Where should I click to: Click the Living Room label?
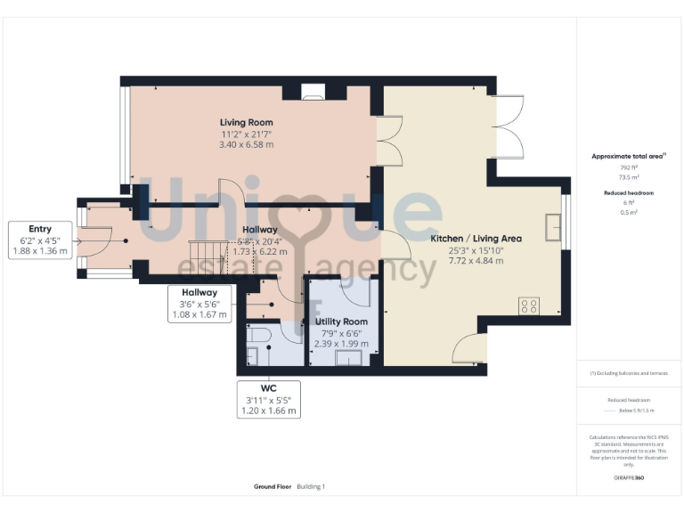tap(247, 122)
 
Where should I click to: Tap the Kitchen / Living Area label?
tap(476, 239)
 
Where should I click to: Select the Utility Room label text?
tap(341, 321)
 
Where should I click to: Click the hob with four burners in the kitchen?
tap(528, 305)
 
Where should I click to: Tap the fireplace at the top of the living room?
tap(313, 91)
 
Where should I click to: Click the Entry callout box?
tap(40, 240)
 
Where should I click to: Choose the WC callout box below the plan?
tap(268, 401)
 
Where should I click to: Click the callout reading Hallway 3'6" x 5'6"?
tap(199, 303)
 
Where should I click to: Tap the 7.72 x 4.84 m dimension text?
tap(476, 260)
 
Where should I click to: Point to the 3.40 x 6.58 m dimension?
tap(247, 144)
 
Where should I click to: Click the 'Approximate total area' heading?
tap(628, 156)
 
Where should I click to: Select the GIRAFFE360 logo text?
tap(628, 478)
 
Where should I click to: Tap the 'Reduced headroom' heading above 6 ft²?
tap(628, 193)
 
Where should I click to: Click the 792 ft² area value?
tap(628, 167)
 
